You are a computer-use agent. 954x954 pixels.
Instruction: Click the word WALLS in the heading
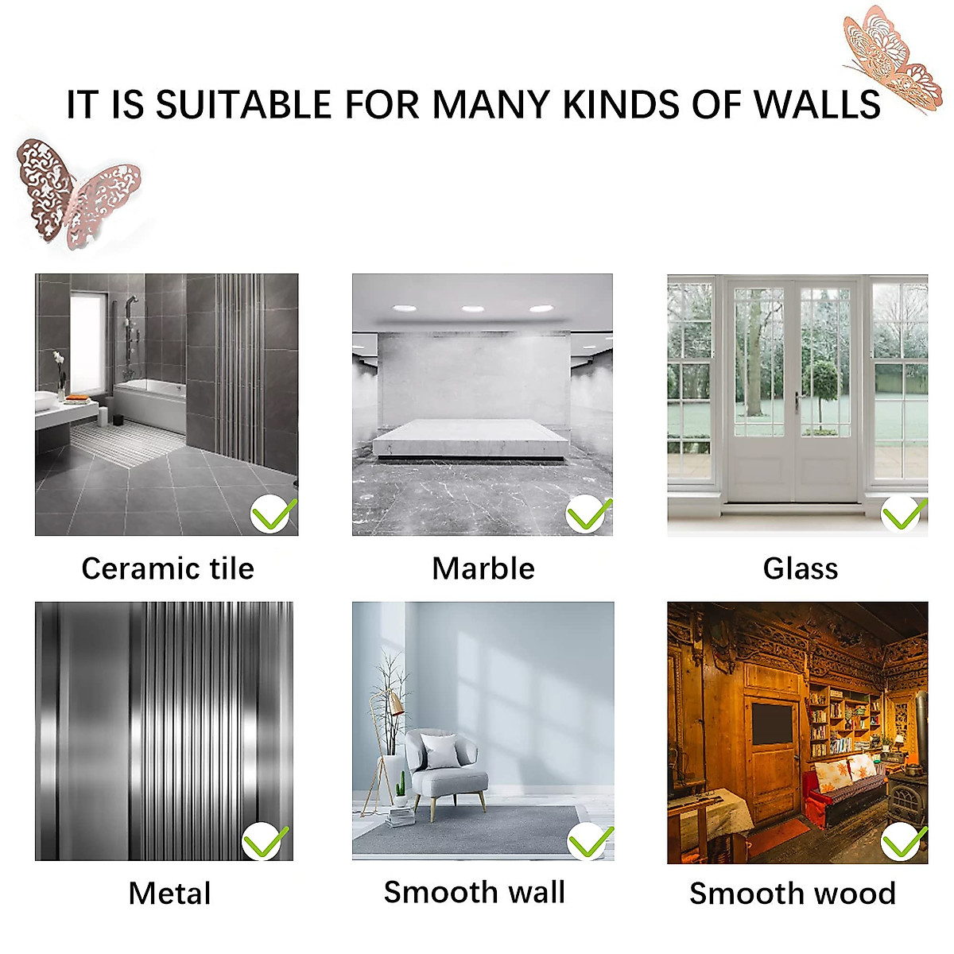pyautogui.click(x=817, y=105)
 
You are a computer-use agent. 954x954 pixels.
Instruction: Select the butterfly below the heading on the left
pyautogui.click(x=77, y=191)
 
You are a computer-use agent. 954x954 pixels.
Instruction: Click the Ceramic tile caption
pyautogui.click(x=168, y=568)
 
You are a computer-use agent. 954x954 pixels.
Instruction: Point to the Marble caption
pyautogui.click(x=483, y=568)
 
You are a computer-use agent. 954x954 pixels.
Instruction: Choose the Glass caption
pyautogui.click(x=800, y=568)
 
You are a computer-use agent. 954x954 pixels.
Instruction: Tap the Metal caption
pyautogui.click(x=169, y=893)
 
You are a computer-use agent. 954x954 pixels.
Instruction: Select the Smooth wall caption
pyautogui.click(x=474, y=892)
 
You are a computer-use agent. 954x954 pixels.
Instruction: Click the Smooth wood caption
pyautogui.click(x=792, y=893)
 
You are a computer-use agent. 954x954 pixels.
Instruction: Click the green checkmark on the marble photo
pyautogui.click(x=588, y=514)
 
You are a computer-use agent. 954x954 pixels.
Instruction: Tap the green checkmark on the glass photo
pyautogui.click(x=903, y=514)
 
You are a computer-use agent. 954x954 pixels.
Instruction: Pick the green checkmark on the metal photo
pyautogui.click(x=265, y=842)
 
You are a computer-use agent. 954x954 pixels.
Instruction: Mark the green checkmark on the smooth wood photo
pyautogui.click(x=904, y=842)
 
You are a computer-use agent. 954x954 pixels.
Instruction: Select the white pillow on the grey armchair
pyautogui.click(x=440, y=750)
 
